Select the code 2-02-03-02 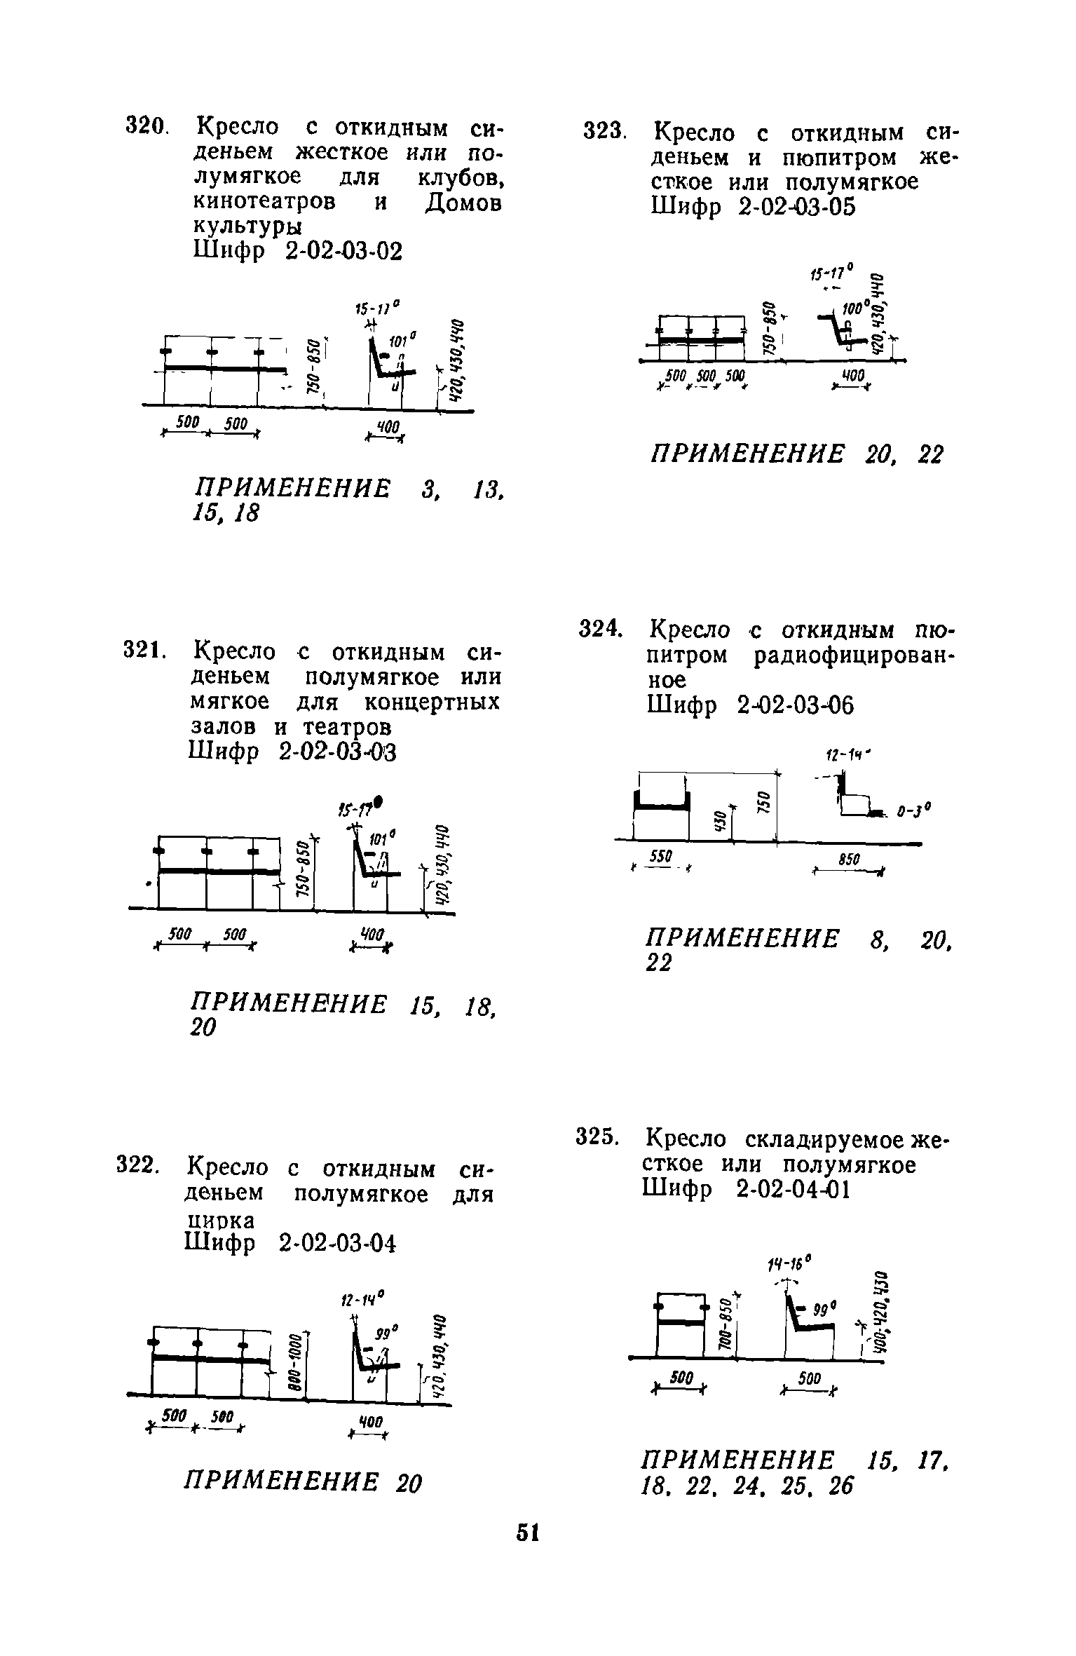tap(344, 250)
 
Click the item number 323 tap(603, 132)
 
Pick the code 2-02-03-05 tap(796, 207)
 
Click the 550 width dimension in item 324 tap(661, 855)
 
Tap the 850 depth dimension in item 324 tap(848, 860)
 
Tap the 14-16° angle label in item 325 tap(790, 1263)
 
